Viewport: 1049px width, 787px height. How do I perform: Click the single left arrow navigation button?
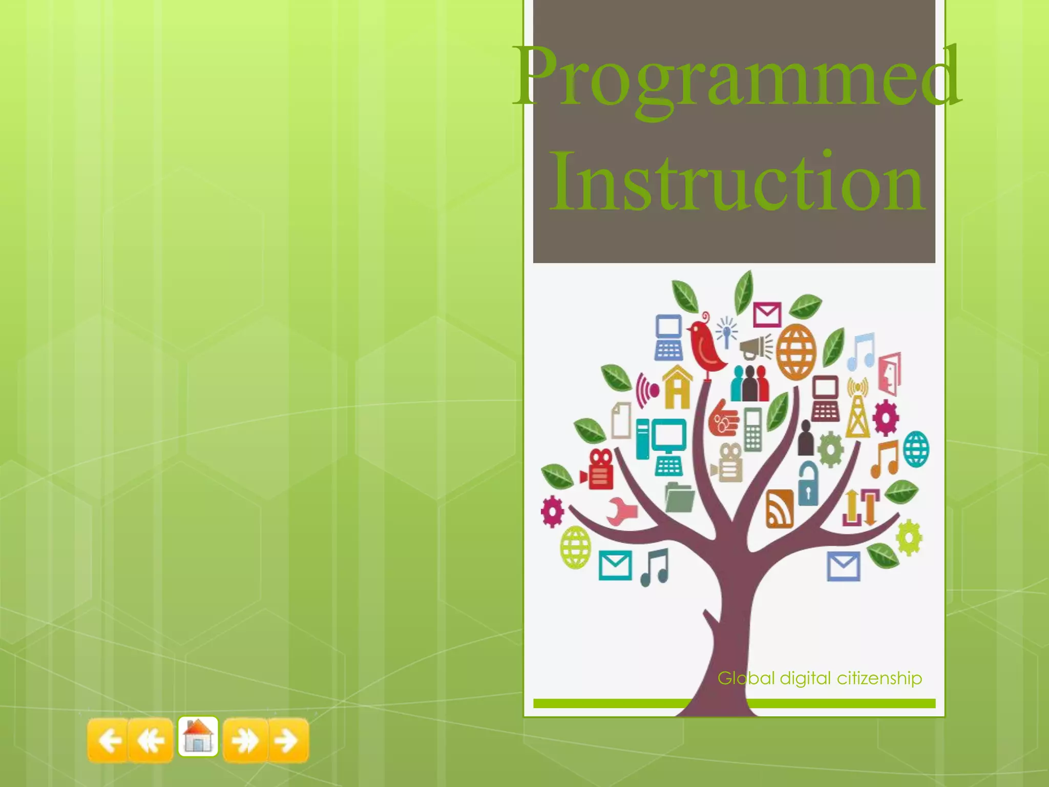point(108,740)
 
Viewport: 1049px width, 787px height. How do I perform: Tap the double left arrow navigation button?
point(151,740)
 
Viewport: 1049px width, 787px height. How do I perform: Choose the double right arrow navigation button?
point(245,740)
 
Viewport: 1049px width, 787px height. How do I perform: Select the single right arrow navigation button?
point(288,740)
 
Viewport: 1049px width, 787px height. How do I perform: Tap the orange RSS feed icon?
point(780,509)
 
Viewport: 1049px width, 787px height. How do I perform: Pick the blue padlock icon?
point(808,484)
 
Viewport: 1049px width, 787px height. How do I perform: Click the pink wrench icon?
point(622,511)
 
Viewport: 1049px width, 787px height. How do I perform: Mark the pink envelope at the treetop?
point(767,314)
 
